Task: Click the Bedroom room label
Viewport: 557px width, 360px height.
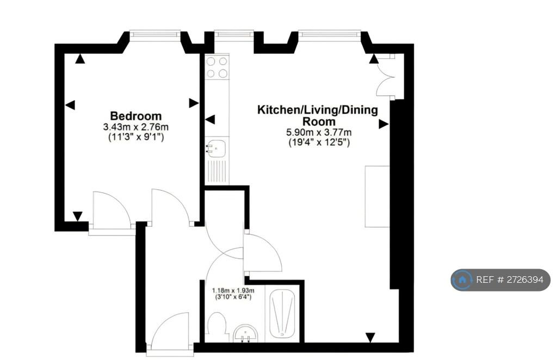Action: [x=135, y=116]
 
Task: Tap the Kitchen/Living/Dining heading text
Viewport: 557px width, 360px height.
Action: [x=318, y=110]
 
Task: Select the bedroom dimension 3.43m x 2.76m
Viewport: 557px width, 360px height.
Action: [x=135, y=127]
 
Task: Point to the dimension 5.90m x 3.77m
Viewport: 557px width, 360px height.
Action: [x=319, y=133]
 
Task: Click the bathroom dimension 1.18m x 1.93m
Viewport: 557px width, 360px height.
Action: [x=233, y=290]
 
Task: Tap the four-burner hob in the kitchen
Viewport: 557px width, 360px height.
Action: [x=217, y=67]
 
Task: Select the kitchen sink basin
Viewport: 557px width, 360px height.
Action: [x=216, y=148]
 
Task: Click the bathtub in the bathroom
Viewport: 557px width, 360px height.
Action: [x=282, y=314]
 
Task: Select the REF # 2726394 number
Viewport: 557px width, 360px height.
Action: [x=510, y=280]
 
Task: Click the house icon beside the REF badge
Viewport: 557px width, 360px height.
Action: [x=462, y=280]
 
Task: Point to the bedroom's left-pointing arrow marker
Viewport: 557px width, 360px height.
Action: [x=70, y=105]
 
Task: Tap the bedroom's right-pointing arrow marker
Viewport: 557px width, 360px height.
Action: [x=194, y=103]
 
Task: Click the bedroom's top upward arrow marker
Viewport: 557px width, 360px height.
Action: [x=81, y=59]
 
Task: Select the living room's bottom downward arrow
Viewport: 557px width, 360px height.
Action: [x=370, y=338]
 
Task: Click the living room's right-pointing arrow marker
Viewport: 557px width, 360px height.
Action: [x=383, y=124]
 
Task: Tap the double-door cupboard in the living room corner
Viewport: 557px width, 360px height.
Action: [x=389, y=76]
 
